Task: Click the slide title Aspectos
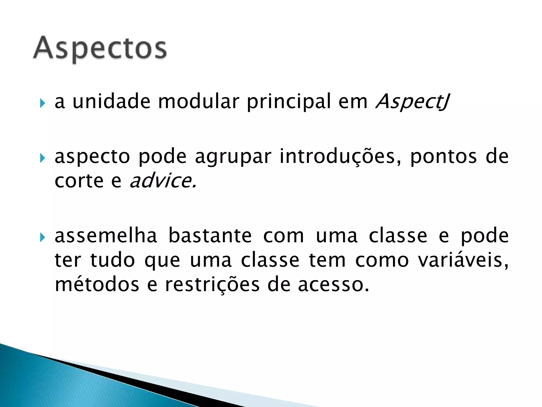[x=100, y=48]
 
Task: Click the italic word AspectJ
[x=413, y=101]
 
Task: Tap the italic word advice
[x=163, y=181]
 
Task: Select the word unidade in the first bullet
[x=111, y=101]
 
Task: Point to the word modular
[x=198, y=101]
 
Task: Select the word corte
[x=79, y=181]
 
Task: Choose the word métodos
[x=97, y=285]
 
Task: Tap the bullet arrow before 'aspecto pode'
[x=42, y=158]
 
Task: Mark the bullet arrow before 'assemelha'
[x=42, y=237]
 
